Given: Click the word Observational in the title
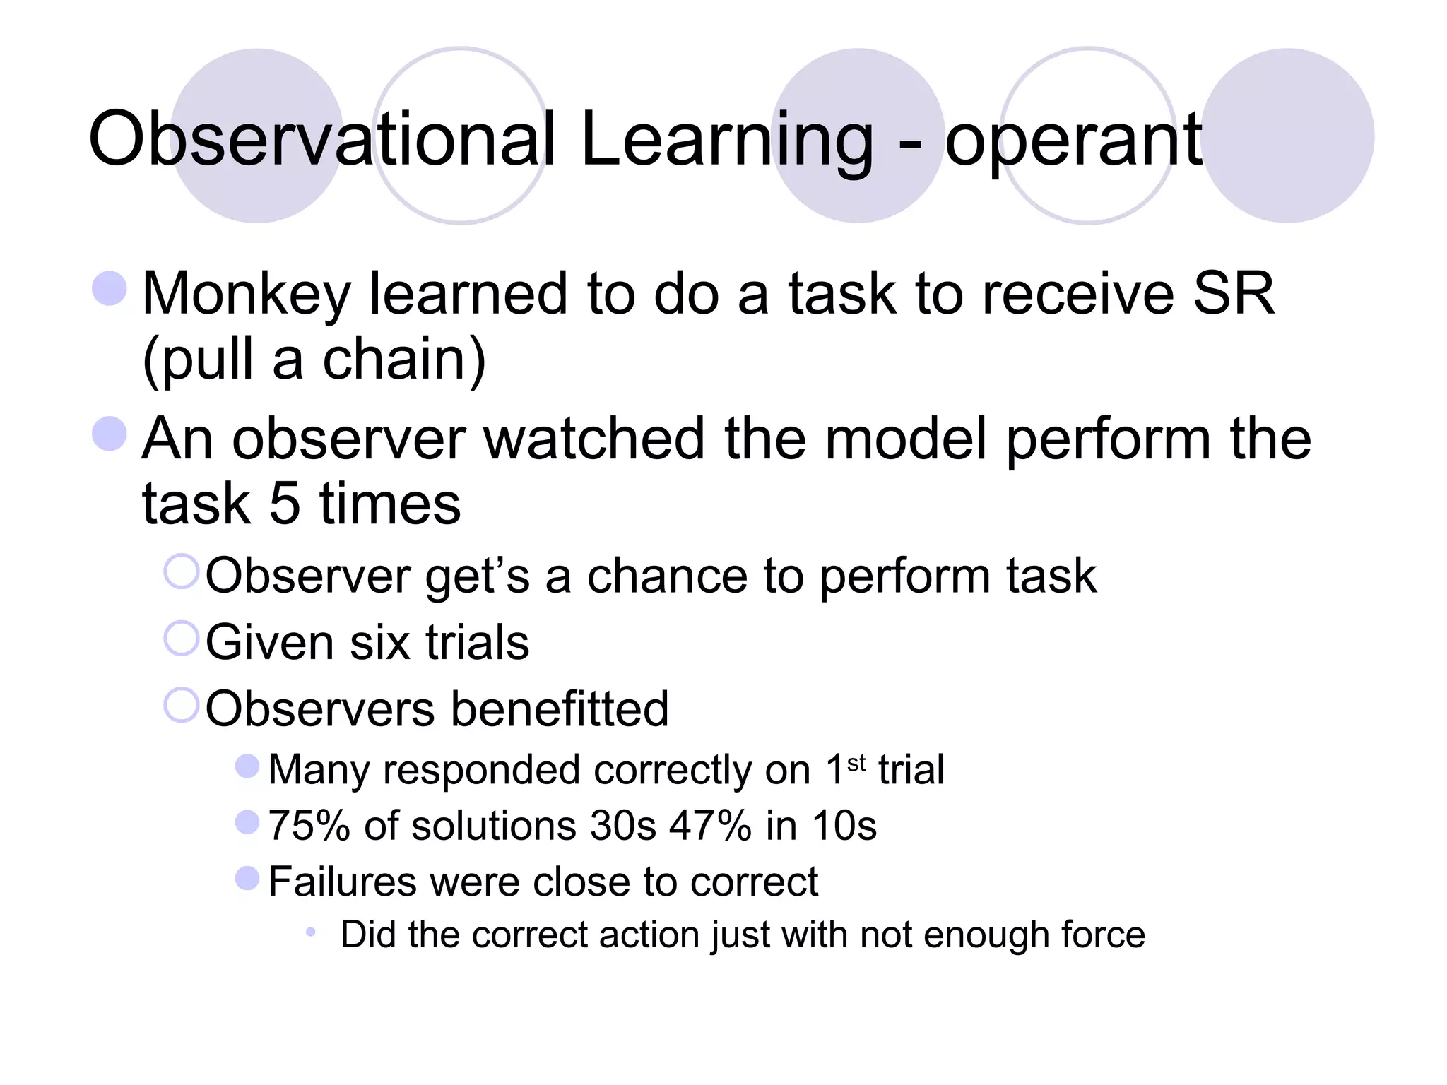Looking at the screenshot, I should click(x=321, y=139).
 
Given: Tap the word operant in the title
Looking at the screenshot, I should click(x=1073, y=141).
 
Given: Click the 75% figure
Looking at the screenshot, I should click(x=309, y=825).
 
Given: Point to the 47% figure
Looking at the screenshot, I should click(x=710, y=825).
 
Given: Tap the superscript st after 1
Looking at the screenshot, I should click(x=856, y=764).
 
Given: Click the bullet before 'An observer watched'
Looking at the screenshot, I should click(x=110, y=433).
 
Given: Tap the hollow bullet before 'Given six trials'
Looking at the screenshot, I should click(x=182, y=638).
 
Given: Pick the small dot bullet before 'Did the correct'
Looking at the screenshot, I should click(x=310, y=932).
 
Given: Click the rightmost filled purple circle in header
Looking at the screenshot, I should click(x=1287, y=136).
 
